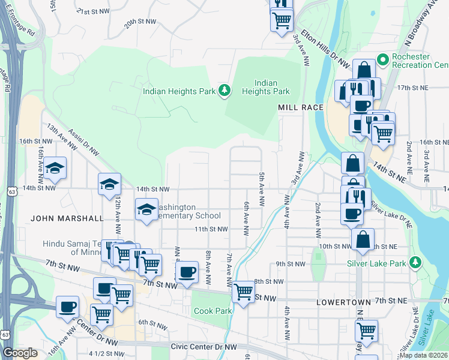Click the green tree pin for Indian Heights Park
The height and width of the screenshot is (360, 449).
click(x=224, y=91)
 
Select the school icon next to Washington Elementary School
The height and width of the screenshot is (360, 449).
click(x=146, y=209)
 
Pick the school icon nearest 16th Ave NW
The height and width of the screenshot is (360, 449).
click(x=55, y=168)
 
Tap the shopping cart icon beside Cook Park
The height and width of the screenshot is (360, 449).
click(x=243, y=292)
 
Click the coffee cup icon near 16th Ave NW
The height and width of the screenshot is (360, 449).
click(x=68, y=307)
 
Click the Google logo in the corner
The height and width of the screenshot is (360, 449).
click(x=20, y=353)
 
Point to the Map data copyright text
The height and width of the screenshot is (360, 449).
click(x=424, y=355)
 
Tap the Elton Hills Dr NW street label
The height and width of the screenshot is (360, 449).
click(x=325, y=49)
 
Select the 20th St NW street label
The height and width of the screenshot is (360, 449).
click(x=140, y=21)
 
